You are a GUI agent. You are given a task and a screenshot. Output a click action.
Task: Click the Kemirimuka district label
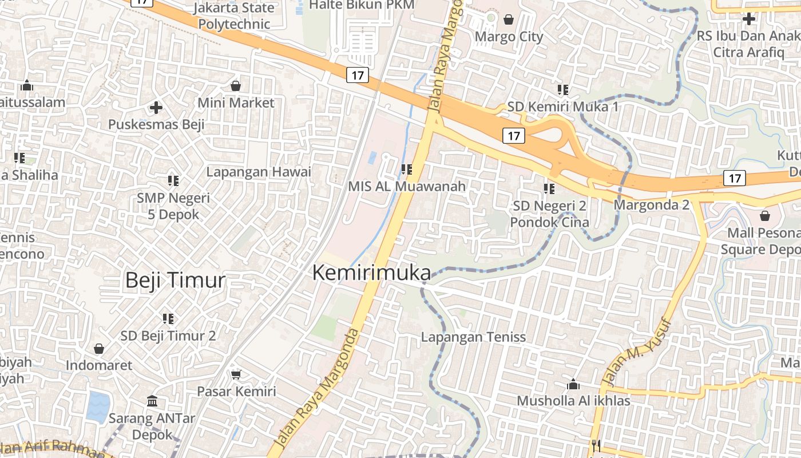click(x=371, y=273)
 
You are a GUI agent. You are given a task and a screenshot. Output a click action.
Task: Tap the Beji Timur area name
click(x=175, y=281)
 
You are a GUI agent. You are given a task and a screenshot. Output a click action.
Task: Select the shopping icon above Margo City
click(x=509, y=20)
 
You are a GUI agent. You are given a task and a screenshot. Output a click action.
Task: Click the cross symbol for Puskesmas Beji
click(x=156, y=107)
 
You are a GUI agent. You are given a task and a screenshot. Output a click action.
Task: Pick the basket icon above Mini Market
click(x=236, y=86)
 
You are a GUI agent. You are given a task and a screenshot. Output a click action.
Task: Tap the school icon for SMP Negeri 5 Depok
click(x=173, y=181)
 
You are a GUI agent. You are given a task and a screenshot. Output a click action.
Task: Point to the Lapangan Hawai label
click(x=259, y=172)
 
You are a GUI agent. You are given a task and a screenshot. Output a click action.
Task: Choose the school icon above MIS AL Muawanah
click(x=407, y=169)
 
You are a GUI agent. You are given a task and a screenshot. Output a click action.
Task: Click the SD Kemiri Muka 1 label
click(x=562, y=107)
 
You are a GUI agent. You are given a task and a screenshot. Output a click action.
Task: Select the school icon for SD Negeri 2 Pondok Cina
click(x=549, y=188)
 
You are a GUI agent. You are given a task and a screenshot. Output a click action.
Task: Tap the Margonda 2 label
click(x=652, y=204)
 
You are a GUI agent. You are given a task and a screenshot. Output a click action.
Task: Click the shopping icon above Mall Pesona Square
click(x=765, y=216)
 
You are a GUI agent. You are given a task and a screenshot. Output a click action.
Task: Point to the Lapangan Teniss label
click(x=473, y=337)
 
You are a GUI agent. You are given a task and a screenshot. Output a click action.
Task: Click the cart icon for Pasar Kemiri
click(x=236, y=374)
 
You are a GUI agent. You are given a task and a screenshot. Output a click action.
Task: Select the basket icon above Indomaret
click(x=99, y=348)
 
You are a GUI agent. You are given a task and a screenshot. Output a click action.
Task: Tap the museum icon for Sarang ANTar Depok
click(x=152, y=401)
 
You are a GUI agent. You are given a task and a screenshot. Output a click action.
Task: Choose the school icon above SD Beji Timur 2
click(x=168, y=318)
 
